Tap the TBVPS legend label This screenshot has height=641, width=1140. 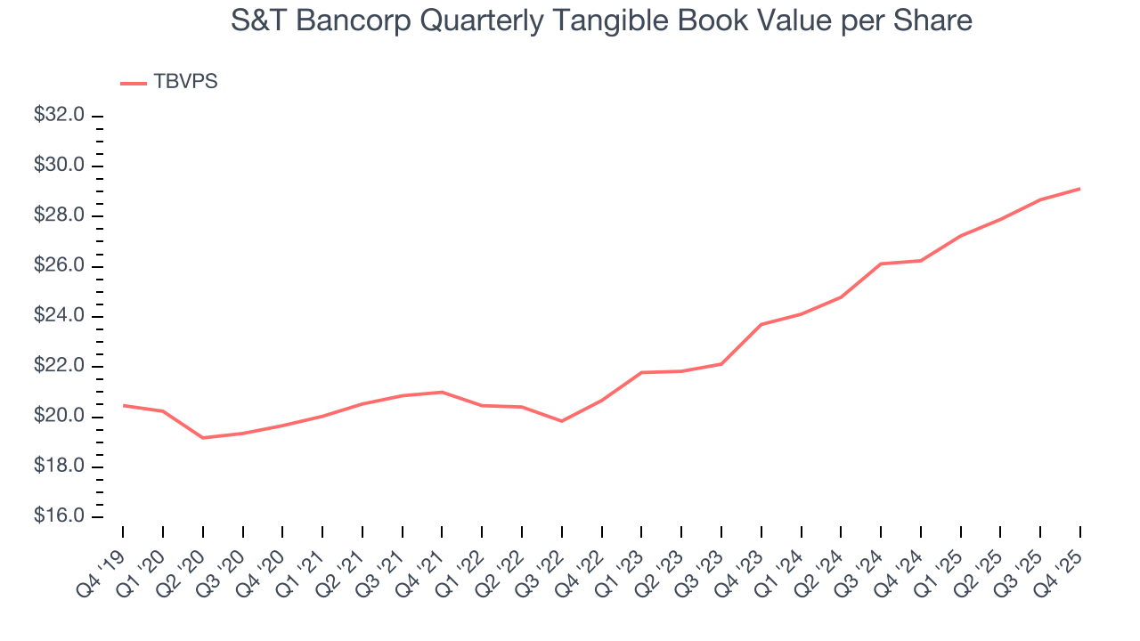(185, 82)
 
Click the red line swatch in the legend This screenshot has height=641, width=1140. (134, 84)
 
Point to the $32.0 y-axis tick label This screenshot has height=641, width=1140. (59, 116)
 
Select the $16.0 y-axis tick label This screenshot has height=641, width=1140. (59, 517)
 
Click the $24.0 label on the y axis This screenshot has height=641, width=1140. (59, 316)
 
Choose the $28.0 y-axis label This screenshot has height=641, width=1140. (59, 216)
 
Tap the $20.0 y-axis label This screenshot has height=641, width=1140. (59, 417)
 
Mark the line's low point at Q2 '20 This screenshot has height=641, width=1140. (203, 438)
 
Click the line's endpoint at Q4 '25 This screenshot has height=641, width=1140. (1080, 189)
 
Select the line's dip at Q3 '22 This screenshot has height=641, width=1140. (562, 421)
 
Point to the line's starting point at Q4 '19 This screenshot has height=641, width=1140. (123, 405)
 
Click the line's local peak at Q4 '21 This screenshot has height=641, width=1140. (443, 392)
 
